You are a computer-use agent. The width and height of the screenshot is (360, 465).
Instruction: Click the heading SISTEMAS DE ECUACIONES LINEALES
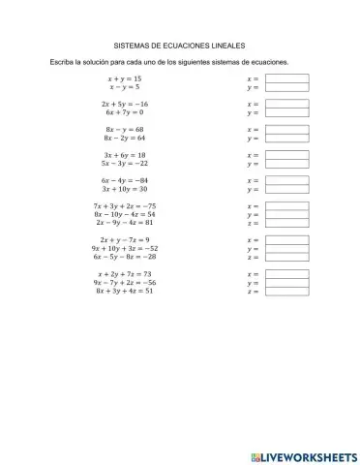point(181,45)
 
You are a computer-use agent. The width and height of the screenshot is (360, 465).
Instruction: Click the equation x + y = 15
point(124,77)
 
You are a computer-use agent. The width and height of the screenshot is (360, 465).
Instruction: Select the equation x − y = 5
point(124,86)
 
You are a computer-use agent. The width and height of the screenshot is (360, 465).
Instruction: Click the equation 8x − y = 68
point(124,129)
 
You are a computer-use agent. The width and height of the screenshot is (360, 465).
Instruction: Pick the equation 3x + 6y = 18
point(124,155)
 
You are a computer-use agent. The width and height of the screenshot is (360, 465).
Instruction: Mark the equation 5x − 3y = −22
point(124,164)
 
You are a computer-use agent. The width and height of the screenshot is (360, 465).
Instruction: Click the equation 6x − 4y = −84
point(124,181)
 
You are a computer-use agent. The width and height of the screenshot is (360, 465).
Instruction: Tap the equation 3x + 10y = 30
point(124,190)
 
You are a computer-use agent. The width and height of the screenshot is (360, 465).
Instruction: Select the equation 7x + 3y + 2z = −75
point(124,206)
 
